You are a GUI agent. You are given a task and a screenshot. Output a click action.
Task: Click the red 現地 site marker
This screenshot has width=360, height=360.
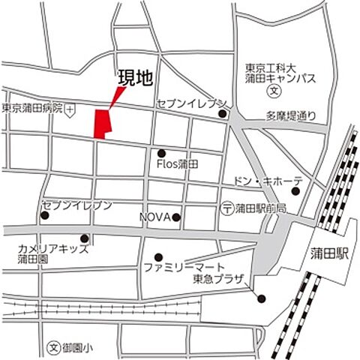[101, 123]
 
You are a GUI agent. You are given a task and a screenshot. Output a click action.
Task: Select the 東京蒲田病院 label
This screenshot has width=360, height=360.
[31, 109]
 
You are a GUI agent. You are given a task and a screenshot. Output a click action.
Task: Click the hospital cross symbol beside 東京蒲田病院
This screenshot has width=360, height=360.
[70, 109]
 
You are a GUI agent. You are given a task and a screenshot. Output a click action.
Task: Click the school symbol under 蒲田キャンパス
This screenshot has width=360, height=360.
[274, 93]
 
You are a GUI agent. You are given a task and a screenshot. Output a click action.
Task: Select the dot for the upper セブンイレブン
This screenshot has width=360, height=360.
[223, 114]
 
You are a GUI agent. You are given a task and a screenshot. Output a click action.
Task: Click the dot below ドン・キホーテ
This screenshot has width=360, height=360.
[295, 191]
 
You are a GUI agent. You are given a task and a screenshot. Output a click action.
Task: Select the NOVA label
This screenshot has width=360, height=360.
[154, 217]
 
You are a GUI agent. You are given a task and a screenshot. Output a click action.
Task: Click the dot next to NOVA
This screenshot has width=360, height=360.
[176, 217]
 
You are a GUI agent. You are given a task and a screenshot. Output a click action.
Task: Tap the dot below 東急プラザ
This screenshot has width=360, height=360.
[261, 299]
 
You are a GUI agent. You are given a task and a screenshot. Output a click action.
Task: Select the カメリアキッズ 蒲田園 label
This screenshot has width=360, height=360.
[46, 253]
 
